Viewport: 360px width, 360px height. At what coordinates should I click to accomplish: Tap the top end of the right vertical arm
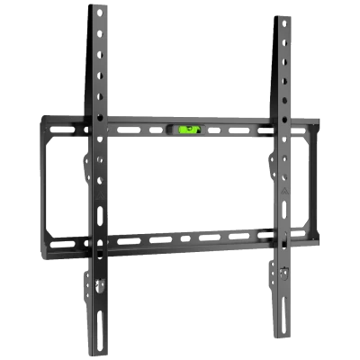(284, 18)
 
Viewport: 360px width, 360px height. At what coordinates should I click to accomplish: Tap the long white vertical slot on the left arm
(97, 219)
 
